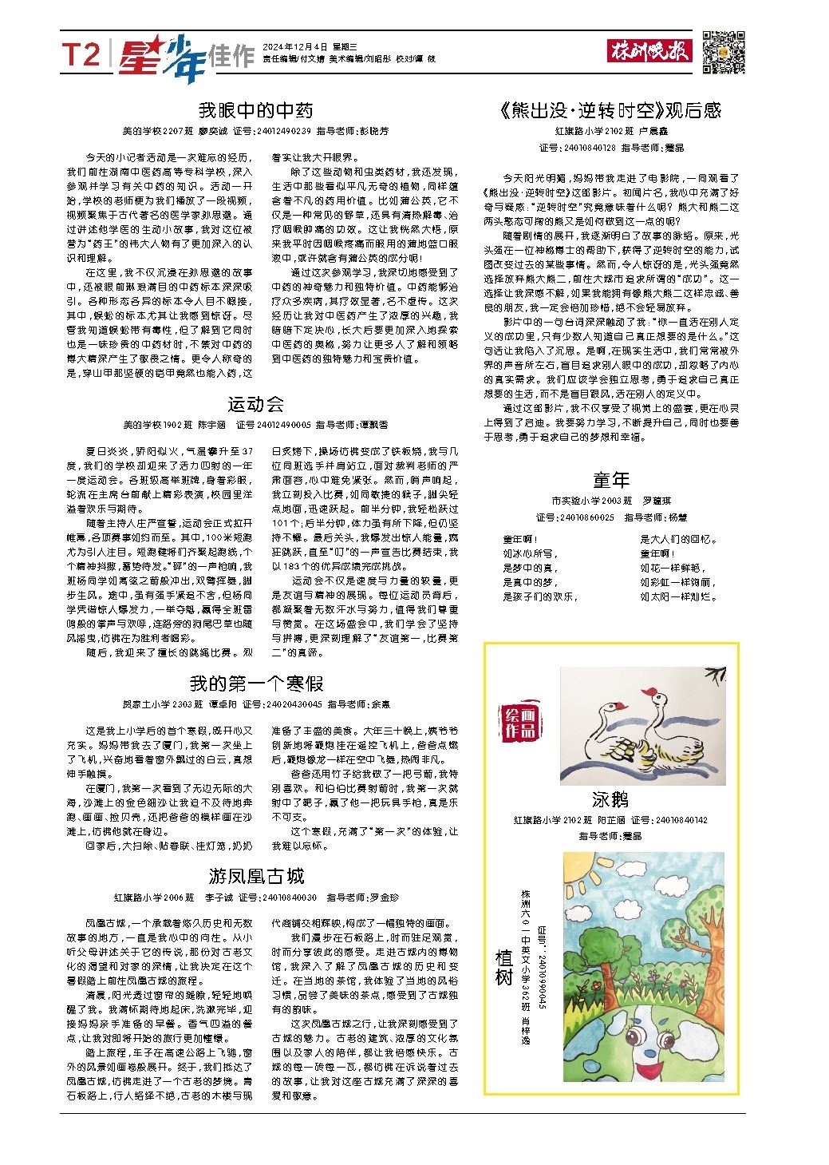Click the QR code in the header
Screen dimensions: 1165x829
(x=724, y=52)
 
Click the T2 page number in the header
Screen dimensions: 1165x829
(x=82, y=55)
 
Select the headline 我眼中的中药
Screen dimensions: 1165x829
(x=255, y=110)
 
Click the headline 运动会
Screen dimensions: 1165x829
(x=255, y=404)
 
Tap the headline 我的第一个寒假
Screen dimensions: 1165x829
(x=255, y=684)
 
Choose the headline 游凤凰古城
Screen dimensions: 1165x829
(x=255, y=877)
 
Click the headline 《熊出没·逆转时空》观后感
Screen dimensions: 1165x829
(x=611, y=110)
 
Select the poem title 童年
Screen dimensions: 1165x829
(x=611, y=480)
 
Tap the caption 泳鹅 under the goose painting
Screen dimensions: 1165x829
(x=611, y=800)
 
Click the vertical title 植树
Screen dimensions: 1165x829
(x=503, y=968)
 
